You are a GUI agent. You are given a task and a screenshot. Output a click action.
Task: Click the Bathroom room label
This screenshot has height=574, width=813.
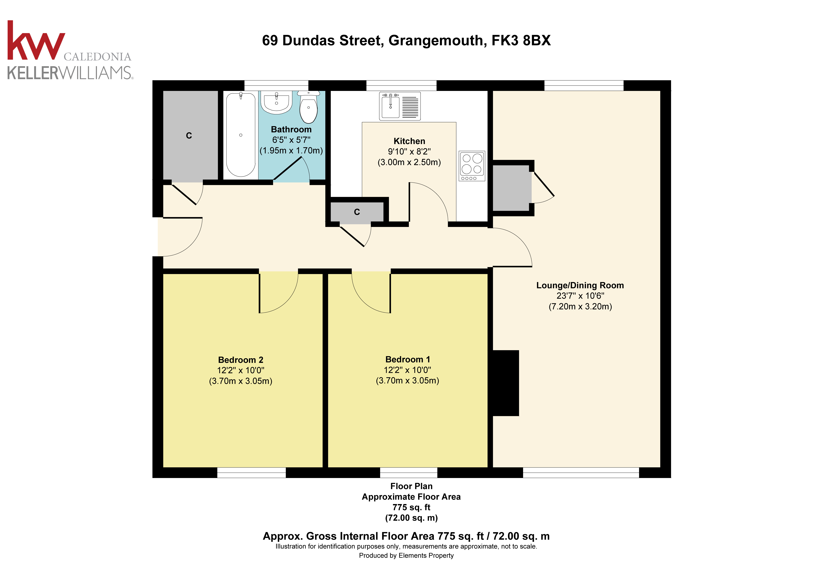click(291, 130)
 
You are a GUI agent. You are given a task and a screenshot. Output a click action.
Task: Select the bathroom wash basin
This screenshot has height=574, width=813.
click(277, 103)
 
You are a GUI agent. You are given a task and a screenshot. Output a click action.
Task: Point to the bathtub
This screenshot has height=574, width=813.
click(241, 135)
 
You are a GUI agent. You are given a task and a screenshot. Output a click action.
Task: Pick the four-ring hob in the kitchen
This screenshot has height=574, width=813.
click(472, 166)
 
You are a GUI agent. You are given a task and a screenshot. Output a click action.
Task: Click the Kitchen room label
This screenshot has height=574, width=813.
click(409, 141)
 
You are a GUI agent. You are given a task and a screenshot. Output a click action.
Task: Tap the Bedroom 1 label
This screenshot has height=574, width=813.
click(408, 360)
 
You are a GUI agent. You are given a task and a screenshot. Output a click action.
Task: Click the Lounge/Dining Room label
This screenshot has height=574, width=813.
click(580, 286)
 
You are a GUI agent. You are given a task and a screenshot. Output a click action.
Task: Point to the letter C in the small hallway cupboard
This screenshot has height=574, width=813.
click(357, 212)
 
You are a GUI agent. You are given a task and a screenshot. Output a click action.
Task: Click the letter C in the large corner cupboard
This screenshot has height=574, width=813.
click(189, 136)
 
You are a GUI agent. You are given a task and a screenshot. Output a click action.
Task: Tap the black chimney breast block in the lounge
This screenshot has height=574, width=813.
click(506, 383)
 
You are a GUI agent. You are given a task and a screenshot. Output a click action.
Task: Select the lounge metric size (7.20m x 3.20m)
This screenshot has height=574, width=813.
click(580, 306)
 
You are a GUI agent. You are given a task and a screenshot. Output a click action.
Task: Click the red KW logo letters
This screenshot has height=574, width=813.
click(35, 42)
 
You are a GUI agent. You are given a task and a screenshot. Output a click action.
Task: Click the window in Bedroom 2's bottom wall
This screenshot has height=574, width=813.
click(251, 473)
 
